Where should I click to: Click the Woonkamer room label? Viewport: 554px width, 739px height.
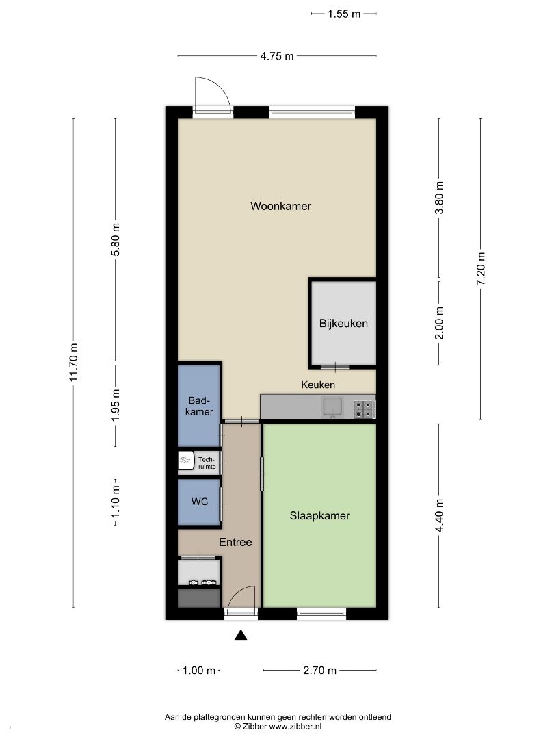click(x=281, y=206)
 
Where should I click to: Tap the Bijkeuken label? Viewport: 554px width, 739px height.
click(x=343, y=323)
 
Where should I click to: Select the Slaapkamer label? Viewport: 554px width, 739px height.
click(x=319, y=516)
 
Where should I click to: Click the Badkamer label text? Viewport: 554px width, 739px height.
click(x=199, y=406)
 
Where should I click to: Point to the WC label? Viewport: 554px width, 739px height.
click(x=199, y=502)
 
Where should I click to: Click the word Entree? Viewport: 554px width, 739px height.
click(x=235, y=542)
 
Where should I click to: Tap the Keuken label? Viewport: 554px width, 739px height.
click(x=318, y=385)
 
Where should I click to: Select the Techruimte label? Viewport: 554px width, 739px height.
click(x=207, y=463)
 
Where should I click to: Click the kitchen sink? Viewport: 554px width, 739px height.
click(x=332, y=407)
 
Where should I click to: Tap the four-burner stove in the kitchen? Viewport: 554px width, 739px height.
click(x=364, y=409)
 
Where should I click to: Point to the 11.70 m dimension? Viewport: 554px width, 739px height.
click(x=73, y=363)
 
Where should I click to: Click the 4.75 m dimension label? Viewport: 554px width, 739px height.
click(x=277, y=56)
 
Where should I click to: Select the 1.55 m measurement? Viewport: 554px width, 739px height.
click(x=344, y=14)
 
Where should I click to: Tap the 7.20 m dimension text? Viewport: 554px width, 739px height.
click(x=481, y=269)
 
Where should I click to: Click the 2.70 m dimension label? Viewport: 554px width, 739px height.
click(x=320, y=670)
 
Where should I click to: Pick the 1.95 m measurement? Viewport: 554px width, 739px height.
click(x=116, y=405)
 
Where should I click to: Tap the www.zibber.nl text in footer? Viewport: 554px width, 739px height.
click(x=295, y=726)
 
